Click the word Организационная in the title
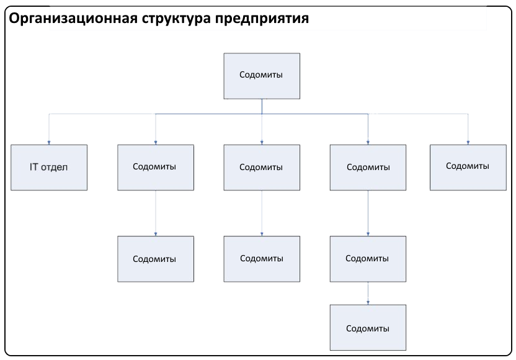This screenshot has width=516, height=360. click(73, 19)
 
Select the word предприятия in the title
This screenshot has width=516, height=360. click(262, 19)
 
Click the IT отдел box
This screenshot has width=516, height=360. click(49, 168)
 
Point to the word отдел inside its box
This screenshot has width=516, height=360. click(55, 168)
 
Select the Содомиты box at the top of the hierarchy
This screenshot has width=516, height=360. click(262, 76)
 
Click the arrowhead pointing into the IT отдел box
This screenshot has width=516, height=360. click(49, 143)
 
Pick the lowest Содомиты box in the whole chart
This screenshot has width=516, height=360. click(368, 327)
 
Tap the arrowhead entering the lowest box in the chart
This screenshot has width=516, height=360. click(368, 303)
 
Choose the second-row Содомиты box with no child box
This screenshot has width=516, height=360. click(468, 168)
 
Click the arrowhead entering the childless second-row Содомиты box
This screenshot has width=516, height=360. click(468, 143)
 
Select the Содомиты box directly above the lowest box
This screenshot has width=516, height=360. click(368, 259)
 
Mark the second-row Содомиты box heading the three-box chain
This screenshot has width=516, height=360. click(368, 168)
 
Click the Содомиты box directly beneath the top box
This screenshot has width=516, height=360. click(262, 168)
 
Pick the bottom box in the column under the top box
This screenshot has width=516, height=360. click(262, 259)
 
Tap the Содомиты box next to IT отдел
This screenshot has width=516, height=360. click(156, 168)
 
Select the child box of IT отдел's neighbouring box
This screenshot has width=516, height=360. click(156, 259)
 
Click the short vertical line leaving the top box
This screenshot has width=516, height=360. click(262, 106)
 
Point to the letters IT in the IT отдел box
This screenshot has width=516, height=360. click(34, 167)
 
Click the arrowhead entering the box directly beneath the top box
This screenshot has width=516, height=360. click(262, 143)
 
